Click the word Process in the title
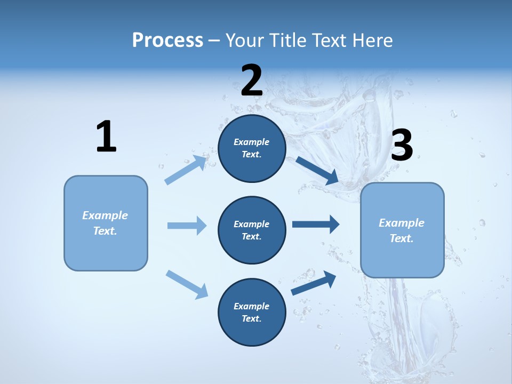167,41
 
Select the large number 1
106,137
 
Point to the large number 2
252,81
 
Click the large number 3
402,146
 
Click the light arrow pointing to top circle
186,170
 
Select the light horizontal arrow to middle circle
187,226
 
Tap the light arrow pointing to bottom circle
187,284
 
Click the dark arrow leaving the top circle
317,171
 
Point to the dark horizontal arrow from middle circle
316,225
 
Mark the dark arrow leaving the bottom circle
314,283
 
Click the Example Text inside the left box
105,223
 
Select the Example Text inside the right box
402,230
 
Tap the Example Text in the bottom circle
252,312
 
